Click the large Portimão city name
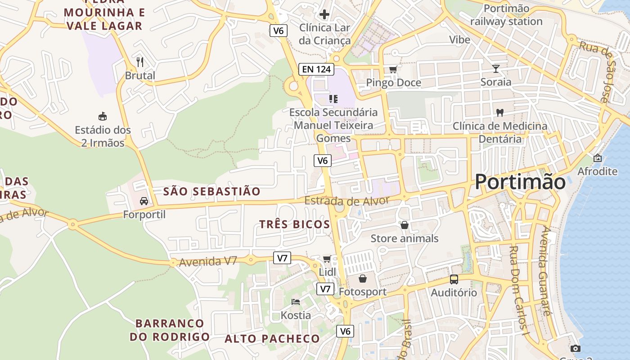[x=520, y=182]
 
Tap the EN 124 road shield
[x=316, y=69]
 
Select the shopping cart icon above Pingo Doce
[x=393, y=69]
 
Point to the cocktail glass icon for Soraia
[x=496, y=69]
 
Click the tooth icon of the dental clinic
[x=499, y=112]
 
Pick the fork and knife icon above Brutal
[x=140, y=62]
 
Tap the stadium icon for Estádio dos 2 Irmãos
[x=103, y=117]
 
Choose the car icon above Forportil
[x=144, y=201]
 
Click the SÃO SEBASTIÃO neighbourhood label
[x=211, y=192]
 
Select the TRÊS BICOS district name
[x=295, y=225]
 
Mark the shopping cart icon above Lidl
[x=327, y=259]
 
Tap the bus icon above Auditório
[x=454, y=279]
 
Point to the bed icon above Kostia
[x=296, y=301]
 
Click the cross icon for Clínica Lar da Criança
[x=324, y=14]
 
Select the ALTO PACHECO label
[x=272, y=339]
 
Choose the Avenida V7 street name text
[x=208, y=261]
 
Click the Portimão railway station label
[x=506, y=15]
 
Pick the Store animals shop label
[x=404, y=238]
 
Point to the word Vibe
[x=459, y=40]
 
